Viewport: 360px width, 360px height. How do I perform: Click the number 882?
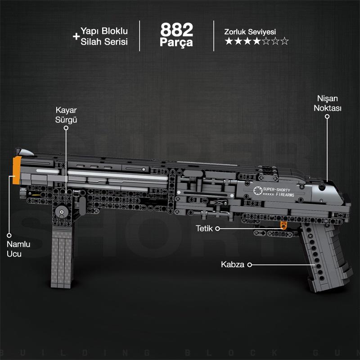(176, 30)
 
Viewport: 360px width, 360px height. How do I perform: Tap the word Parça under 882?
(176, 43)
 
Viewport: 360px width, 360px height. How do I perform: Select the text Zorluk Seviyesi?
(250, 32)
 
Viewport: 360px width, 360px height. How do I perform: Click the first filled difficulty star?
(229, 41)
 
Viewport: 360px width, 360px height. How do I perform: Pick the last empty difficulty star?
(284, 41)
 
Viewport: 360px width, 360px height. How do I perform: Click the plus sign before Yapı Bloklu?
(76, 36)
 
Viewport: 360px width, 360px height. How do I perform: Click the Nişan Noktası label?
(328, 103)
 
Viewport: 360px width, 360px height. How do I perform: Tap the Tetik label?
(203, 229)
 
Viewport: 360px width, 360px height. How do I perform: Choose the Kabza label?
(232, 265)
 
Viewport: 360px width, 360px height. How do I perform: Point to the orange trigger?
(283, 225)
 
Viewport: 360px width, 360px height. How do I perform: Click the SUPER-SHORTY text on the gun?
(278, 189)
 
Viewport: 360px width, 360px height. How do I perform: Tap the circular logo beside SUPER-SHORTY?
(257, 191)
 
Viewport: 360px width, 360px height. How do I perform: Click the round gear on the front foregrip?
(61, 211)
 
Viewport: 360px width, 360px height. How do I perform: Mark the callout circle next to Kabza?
(249, 265)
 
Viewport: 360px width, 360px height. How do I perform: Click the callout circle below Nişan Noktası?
(328, 117)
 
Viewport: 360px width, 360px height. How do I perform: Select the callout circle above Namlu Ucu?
(9, 234)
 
